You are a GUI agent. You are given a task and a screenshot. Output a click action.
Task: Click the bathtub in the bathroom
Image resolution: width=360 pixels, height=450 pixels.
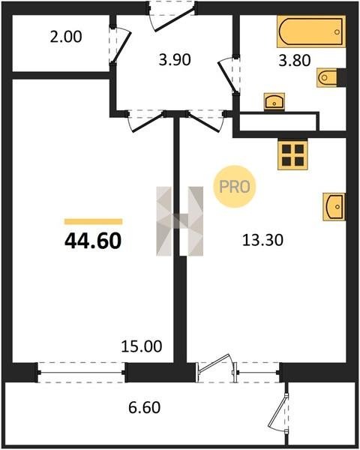(311, 31)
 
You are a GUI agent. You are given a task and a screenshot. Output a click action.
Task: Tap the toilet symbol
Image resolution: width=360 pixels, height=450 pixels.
(328, 77)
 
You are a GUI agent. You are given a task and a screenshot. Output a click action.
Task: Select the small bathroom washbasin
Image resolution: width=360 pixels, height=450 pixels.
(274, 101)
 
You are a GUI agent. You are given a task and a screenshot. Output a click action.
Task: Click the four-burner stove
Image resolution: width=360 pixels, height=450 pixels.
(292, 155)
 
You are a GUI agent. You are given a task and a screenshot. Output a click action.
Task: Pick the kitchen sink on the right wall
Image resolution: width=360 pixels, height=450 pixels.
(334, 207)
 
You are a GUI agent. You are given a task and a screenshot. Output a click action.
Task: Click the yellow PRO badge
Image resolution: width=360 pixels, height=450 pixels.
(235, 187)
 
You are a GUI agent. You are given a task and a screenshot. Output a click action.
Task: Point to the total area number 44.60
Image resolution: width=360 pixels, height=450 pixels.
(93, 241)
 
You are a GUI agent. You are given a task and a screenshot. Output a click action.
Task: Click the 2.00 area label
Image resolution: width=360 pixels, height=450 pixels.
(66, 37)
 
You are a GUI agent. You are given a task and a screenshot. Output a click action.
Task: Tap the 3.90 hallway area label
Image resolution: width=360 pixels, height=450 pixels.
(175, 60)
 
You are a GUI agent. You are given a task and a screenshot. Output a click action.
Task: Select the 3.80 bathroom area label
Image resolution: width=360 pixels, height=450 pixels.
(295, 61)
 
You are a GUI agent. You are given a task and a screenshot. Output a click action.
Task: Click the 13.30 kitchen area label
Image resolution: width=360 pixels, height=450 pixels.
(262, 240)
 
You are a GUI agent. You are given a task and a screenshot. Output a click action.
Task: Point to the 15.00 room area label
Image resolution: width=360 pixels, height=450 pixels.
(142, 346)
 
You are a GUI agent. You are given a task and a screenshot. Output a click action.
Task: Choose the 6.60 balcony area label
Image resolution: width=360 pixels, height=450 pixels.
(144, 407)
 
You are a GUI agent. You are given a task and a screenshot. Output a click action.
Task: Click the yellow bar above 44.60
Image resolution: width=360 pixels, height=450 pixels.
(93, 221)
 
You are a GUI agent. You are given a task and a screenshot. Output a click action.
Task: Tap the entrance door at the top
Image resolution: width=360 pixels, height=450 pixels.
(172, 15)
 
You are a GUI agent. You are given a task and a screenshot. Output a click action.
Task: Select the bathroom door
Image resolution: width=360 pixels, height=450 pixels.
(229, 75)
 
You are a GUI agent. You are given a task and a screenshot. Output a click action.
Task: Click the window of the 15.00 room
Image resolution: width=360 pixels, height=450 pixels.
(81, 373)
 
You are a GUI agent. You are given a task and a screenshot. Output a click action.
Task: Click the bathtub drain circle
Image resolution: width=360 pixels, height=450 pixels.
(337, 32)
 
